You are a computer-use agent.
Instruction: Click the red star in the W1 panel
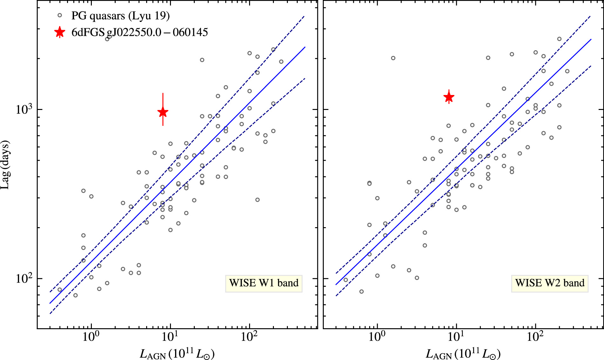coord(163,112)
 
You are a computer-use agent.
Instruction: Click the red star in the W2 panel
coord(449,97)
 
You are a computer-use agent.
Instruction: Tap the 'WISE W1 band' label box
coord(264,283)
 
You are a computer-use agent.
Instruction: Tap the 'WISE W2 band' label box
coord(550,283)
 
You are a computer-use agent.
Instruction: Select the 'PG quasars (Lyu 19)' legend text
coord(120,16)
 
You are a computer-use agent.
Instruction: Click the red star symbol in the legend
coord(59,32)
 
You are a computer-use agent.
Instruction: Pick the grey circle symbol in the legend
coord(59,15)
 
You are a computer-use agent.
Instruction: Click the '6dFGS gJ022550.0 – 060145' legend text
coord(140,32)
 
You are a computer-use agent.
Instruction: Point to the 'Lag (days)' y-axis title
coord(5,165)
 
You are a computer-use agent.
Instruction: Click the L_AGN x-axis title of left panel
coord(177,354)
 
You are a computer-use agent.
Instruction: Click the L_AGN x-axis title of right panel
coord(463,354)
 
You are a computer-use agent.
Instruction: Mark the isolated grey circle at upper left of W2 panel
coord(393,58)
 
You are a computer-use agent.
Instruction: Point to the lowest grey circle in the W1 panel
coord(75,295)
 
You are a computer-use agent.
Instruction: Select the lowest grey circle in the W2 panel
coord(361,291)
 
